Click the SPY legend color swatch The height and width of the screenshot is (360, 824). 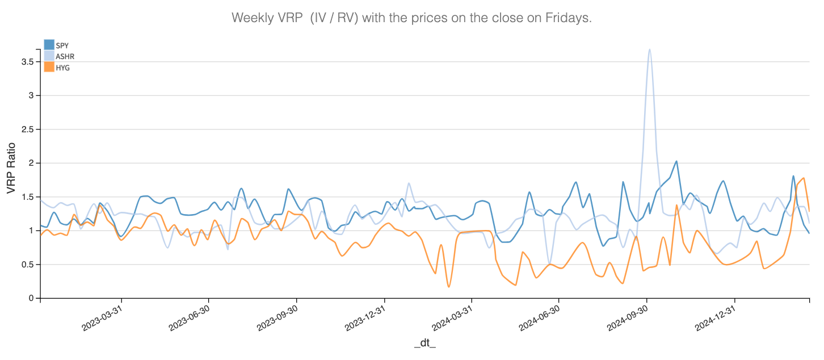click(x=49, y=45)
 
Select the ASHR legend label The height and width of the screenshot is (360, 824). click(x=65, y=56)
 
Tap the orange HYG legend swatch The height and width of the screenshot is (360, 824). click(x=49, y=67)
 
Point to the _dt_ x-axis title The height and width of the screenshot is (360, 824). click(x=424, y=344)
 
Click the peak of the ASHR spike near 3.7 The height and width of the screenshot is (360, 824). click(x=649, y=49)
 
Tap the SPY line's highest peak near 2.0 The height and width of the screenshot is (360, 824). click(x=676, y=161)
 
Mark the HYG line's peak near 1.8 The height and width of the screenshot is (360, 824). click(x=804, y=178)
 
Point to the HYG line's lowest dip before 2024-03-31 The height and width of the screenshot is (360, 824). click(x=449, y=287)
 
